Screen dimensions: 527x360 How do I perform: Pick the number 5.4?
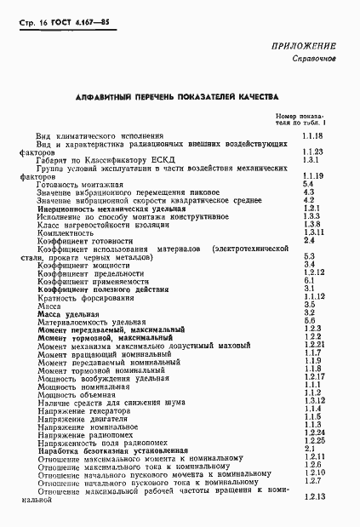308,184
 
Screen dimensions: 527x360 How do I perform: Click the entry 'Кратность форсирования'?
85,295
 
